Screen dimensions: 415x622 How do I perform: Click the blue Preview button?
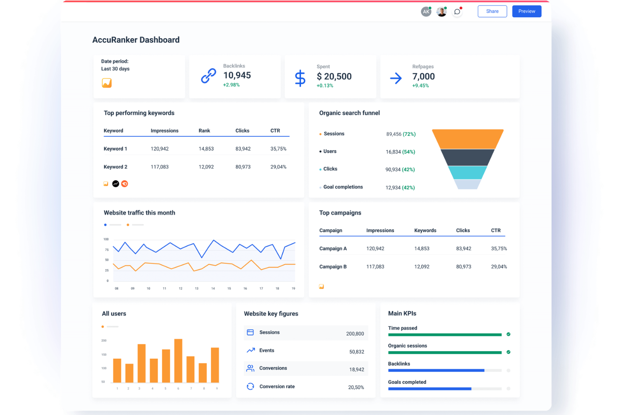[x=526, y=11]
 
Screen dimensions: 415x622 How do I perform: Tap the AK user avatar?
[x=426, y=12]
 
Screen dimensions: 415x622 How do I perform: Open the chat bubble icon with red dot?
[x=457, y=12]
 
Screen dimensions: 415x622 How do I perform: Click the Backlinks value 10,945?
[x=237, y=76]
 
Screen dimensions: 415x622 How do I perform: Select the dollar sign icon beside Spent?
[x=300, y=78]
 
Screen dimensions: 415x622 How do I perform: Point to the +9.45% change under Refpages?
[x=420, y=86]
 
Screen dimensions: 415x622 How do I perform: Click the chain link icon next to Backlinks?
[x=208, y=76]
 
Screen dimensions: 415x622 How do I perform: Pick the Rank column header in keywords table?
[x=204, y=131]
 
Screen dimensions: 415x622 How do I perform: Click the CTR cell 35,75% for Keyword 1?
[x=278, y=149]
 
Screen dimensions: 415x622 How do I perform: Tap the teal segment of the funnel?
[x=467, y=172]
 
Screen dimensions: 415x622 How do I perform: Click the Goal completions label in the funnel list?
[x=343, y=187]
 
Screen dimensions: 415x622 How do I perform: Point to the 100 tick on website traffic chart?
[x=106, y=239]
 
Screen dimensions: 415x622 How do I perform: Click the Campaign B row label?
[x=333, y=267]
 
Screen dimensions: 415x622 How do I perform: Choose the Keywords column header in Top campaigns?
[x=425, y=230]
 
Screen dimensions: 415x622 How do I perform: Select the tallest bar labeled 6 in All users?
[x=178, y=360]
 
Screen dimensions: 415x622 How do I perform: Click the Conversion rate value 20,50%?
[x=356, y=387]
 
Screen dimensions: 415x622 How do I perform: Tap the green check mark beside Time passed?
[x=508, y=334]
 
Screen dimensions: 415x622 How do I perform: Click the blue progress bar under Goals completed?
[x=429, y=389]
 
